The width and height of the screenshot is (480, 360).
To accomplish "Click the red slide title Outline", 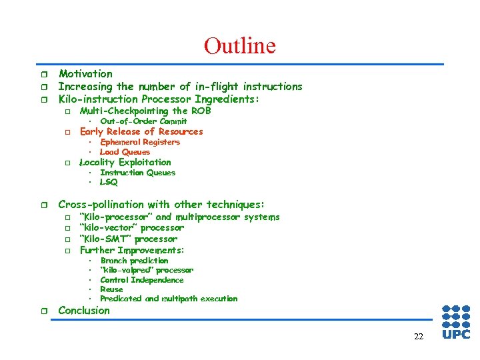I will coord(239,45).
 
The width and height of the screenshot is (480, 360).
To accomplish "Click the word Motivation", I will coord(85,74).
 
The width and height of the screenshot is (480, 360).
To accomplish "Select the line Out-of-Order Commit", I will coord(143,121).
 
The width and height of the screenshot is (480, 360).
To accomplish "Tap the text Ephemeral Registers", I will coord(140,142).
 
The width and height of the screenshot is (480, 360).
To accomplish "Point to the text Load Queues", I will coord(125,152).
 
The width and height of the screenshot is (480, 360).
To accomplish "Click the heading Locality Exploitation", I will coord(125,162).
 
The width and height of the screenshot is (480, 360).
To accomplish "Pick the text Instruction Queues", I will coord(137,173).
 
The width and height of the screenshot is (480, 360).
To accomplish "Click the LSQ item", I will coord(109,182).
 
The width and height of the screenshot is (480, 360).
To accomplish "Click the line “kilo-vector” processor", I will coord(131,228).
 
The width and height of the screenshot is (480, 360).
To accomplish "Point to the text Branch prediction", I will coord(134,261).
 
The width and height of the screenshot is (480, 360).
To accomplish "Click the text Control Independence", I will coord(141,280).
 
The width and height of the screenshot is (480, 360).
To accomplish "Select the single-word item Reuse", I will coord(111,289).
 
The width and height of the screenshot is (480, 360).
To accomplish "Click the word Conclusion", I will coord(84,311).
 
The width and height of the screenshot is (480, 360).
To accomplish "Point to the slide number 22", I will coord(418,337).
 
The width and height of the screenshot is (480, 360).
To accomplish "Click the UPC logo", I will coord(456,322).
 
